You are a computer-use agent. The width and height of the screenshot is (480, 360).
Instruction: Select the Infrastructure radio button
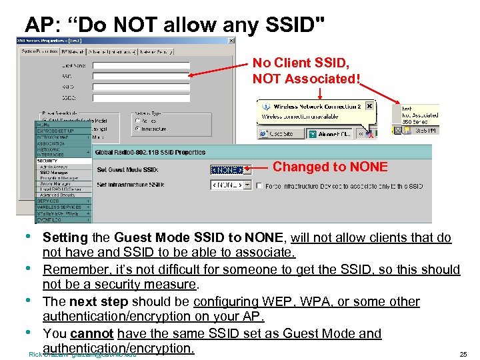(x=136, y=128)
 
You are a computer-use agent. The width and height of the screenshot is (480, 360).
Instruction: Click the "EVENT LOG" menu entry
(x=50, y=218)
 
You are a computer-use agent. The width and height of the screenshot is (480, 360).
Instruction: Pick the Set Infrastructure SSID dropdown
(x=231, y=185)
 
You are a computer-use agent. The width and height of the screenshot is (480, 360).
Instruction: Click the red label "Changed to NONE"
(x=330, y=167)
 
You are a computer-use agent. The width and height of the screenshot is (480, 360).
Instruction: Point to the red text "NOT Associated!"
(x=306, y=79)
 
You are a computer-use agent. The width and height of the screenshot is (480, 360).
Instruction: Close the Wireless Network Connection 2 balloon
(x=369, y=106)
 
